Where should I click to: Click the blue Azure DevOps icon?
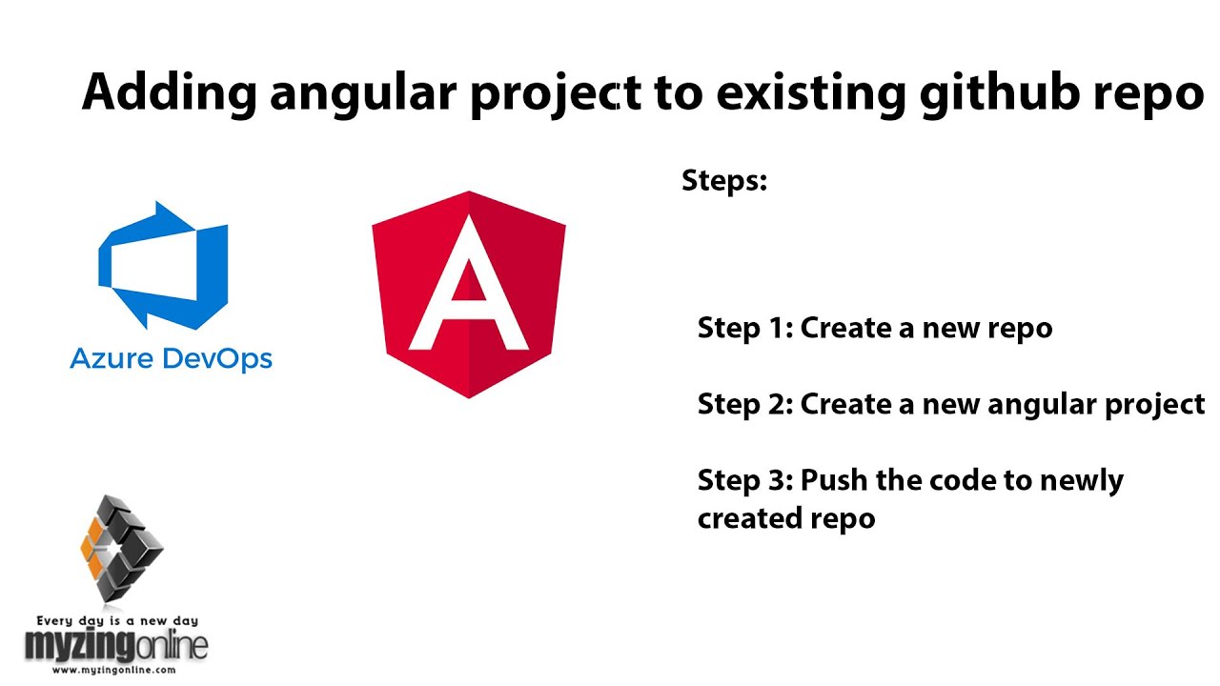163,266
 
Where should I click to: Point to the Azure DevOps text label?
172,359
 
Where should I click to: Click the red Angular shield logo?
468,293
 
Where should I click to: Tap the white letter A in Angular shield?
468,286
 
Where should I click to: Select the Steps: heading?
724,181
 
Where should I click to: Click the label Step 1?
745,328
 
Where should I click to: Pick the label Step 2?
745,404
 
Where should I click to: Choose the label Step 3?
745,480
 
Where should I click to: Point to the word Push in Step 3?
834,480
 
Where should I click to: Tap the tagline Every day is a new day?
116,621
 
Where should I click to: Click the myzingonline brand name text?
116,646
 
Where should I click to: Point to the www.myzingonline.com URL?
115,670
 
